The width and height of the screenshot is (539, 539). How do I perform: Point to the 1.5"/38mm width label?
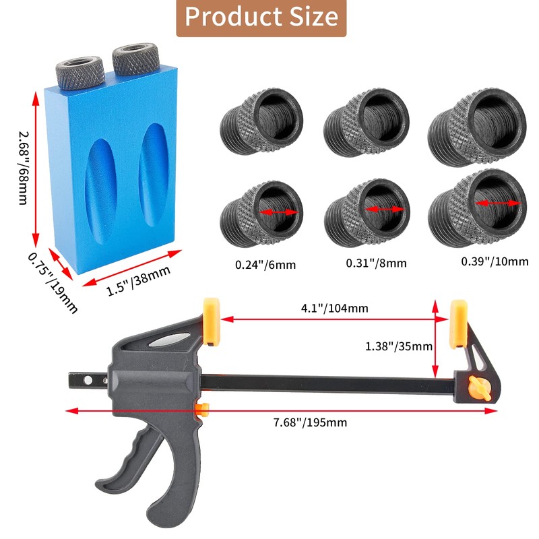pyautogui.click(x=139, y=282)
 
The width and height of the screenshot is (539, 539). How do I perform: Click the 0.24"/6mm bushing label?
pyautogui.click(x=265, y=264)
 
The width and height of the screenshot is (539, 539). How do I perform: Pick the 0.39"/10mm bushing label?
pyautogui.click(x=494, y=261)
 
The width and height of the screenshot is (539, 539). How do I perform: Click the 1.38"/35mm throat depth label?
pyautogui.click(x=398, y=346)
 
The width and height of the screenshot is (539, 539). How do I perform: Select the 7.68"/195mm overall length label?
pyautogui.click(x=310, y=422)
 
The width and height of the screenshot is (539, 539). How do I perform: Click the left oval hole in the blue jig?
pyautogui.click(x=100, y=185)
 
